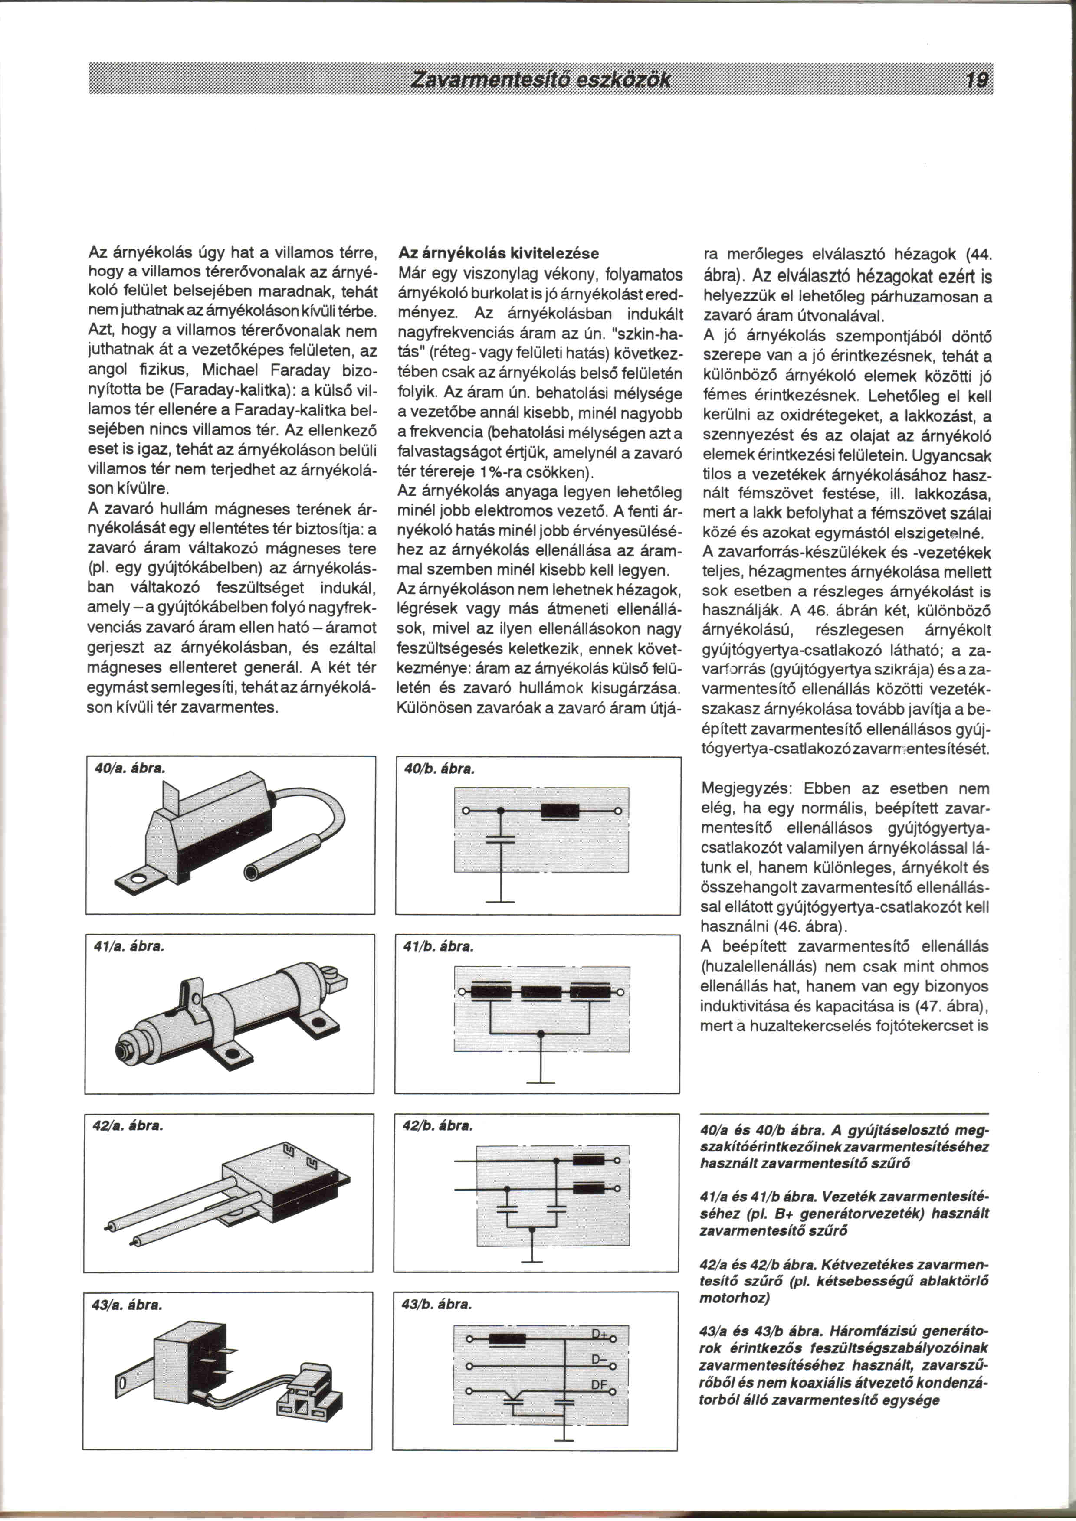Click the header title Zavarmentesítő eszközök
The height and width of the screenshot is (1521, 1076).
click(x=541, y=81)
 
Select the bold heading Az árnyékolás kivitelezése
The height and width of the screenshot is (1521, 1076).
click(x=498, y=253)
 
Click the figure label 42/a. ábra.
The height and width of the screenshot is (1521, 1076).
click(x=128, y=1125)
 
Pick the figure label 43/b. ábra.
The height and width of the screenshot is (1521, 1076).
click(x=436, y=1304)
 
